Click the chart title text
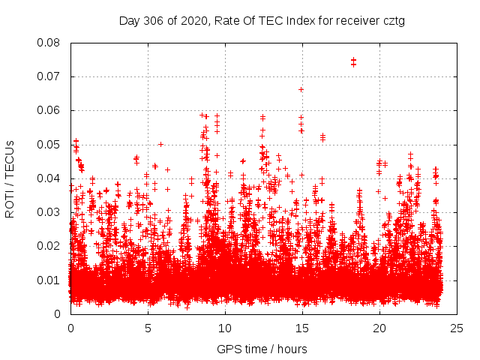(x=262, y=21)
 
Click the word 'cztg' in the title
(x=392, y=21)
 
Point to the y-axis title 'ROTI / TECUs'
(x=10, y=178)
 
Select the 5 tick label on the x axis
(x=148, y=328)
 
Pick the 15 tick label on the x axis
(x=302, y=328)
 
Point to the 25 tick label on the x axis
(x=457, y=328)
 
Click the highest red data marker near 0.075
(x=353, y=60)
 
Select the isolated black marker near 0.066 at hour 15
(x=301, y=89)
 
